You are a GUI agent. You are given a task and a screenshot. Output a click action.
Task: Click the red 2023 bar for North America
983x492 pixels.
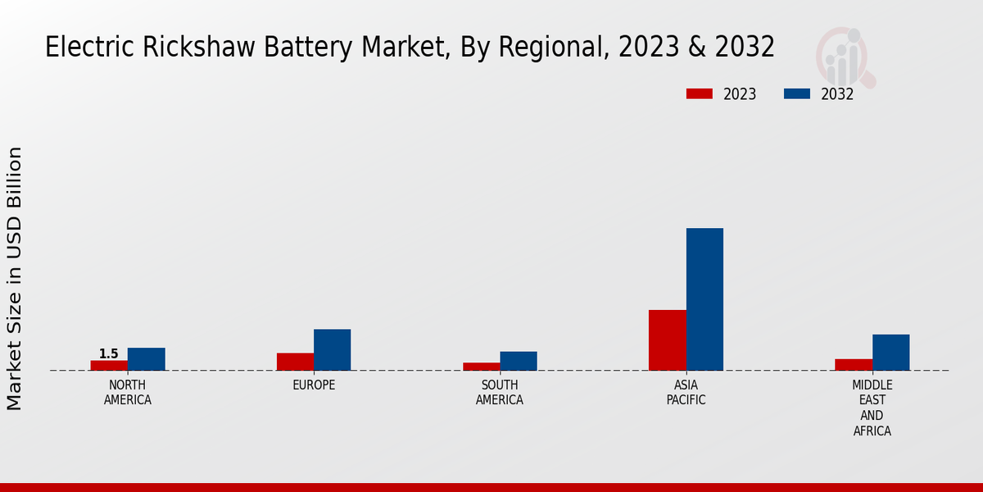click(x=109, y=366)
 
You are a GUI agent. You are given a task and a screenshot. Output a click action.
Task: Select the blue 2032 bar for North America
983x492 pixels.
click(x=147, y=359)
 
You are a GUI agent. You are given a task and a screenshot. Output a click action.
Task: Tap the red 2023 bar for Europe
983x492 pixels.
click(x=295, y=362)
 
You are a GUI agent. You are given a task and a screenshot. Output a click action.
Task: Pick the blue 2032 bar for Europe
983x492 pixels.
click(x=333, y=350)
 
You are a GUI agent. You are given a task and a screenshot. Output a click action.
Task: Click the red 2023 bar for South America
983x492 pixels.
click(x=481, y=367)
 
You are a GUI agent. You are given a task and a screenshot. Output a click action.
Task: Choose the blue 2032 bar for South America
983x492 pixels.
click(x=519, y=361)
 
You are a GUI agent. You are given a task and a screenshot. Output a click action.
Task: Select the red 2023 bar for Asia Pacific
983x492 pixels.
click(x=667, y=340)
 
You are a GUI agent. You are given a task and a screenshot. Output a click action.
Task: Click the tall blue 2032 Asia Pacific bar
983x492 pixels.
click(x=704, y=299)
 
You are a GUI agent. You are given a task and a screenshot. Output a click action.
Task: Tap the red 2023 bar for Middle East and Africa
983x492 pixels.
click(x=854, y=365)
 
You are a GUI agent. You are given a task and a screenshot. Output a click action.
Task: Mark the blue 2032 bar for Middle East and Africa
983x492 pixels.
click(x=891, y=353)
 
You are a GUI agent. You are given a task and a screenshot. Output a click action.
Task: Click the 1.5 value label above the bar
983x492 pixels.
click(x=109, y=354)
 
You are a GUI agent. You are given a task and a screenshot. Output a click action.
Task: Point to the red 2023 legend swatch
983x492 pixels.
click(x=700, y=93)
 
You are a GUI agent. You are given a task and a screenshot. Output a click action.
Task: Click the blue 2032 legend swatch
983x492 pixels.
click(x=796, y=93)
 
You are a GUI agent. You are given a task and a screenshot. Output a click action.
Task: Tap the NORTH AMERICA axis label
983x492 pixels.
click(x=128, y=393)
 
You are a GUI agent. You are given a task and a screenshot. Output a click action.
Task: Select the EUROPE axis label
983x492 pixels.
click(x=314, y=385)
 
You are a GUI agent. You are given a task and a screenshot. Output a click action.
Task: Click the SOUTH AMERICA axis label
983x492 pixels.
click(x=500, y=393)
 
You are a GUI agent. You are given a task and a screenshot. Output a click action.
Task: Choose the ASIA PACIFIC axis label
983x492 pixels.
click(x=686, y=393)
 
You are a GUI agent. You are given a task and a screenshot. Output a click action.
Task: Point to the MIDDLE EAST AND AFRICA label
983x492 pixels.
click(x=872, y=408)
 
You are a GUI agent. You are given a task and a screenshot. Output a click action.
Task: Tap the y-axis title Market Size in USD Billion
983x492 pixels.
click(x=15, y=279)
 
